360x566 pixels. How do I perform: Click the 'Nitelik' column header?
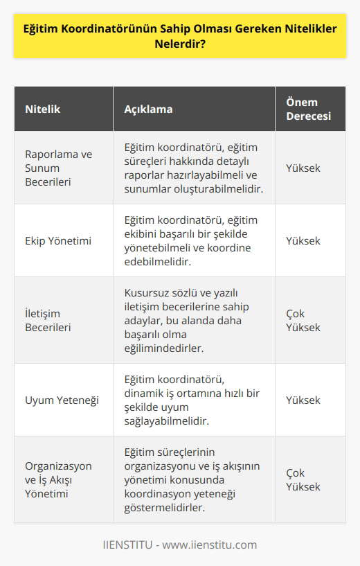tap(43, 110)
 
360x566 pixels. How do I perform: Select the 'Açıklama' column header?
tap(148, 110)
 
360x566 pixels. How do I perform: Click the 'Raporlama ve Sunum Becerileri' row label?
tap(59, 168)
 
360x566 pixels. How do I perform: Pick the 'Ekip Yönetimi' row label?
tap(58, 240)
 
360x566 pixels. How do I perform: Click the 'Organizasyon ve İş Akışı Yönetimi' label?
tap(59, 479)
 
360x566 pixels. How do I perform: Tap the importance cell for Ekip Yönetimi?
tap(303, 240)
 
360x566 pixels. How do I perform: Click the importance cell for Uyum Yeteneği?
tap(303, 400)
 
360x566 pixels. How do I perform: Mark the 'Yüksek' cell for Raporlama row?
tap(303, 168)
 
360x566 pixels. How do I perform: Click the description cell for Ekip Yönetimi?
tap(191, 240)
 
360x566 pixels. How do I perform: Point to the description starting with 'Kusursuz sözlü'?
tap(191, 320)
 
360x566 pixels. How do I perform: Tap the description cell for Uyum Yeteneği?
tap(191, 400)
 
